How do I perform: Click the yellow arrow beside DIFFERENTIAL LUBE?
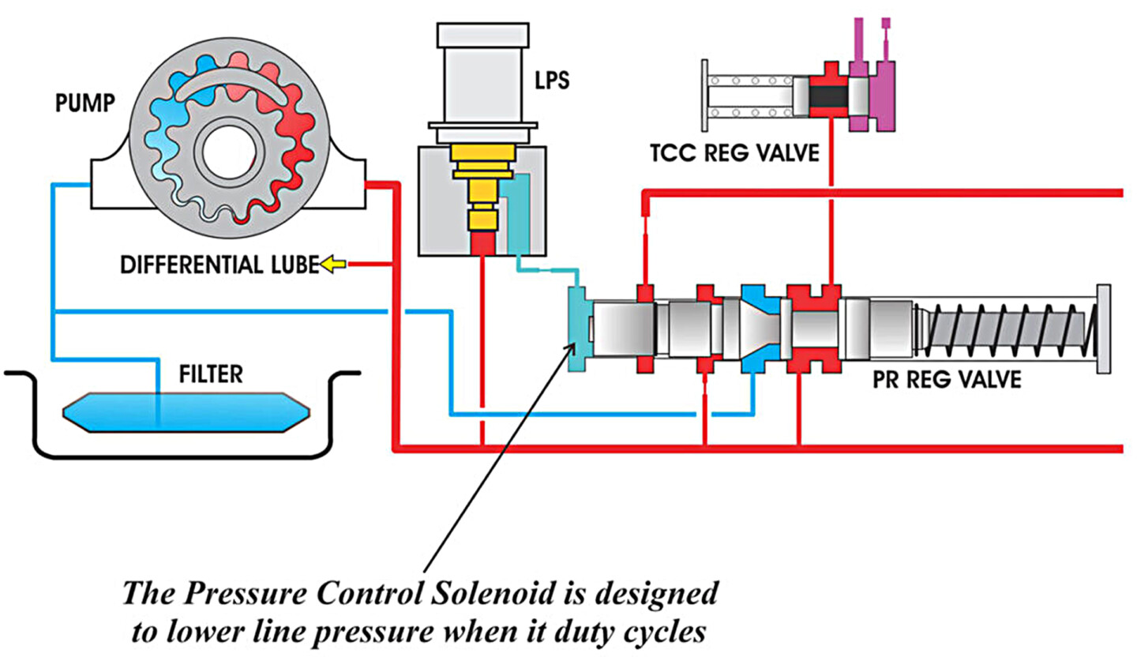[332, 266]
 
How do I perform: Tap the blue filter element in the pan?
[186, 411]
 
